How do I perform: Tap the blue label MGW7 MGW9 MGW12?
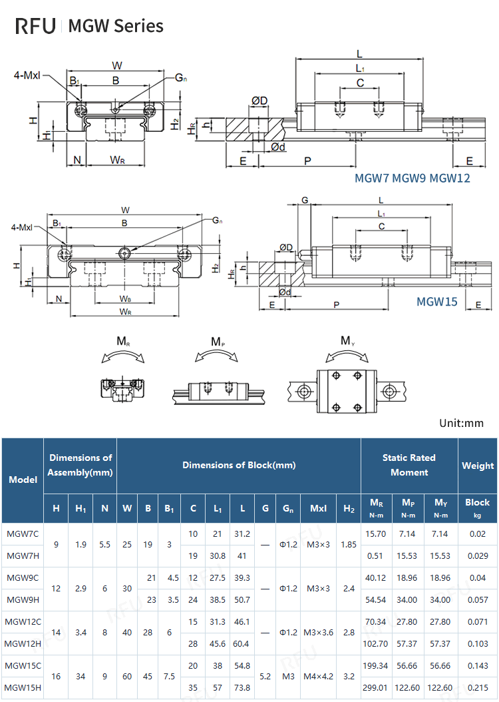[412, 178]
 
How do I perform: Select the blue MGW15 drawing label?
[437, 301]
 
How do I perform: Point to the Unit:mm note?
[461, 423]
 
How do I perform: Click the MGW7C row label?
[23, 533]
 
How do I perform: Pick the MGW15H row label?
[23, 687]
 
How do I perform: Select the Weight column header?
[478, 466]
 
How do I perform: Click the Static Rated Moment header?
[409, 465]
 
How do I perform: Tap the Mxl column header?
[318, 508]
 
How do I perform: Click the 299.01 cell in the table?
[376, 687]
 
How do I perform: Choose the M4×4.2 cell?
[318, 676]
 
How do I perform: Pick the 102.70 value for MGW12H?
[376, 643]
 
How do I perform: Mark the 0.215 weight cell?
[478, 687]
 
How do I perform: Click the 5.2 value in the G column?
[265, 676]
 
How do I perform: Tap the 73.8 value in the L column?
[242, 687]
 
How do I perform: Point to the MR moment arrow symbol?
[123, 357]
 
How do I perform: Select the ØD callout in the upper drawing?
[259, 101]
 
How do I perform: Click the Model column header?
[23, 480]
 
